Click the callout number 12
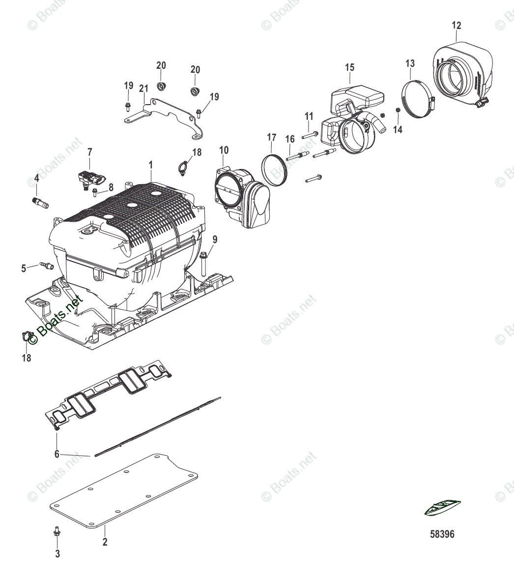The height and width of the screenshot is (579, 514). [x=457, y=25]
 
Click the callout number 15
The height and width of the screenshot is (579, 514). [x=349, y=67]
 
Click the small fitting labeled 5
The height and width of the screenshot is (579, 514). [x=47, y=266]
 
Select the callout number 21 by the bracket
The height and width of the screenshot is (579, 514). [x=143, y=88]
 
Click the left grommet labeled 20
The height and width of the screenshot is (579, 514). [x=161, y=87]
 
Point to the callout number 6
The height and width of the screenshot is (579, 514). [x=57, y=454]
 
